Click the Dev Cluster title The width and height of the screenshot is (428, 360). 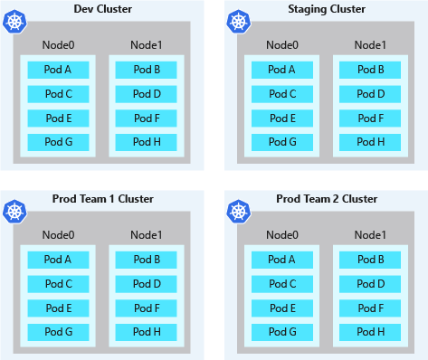(103, 9)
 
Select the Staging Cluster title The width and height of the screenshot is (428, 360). (326, 9)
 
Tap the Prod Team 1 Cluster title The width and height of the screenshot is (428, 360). (103, 199)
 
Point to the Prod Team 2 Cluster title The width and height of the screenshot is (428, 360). (326, 199)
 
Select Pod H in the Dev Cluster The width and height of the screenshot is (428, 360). (146, 141)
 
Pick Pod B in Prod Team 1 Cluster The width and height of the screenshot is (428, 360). (146, 260)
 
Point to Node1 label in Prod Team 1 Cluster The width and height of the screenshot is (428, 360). (146, 235)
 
